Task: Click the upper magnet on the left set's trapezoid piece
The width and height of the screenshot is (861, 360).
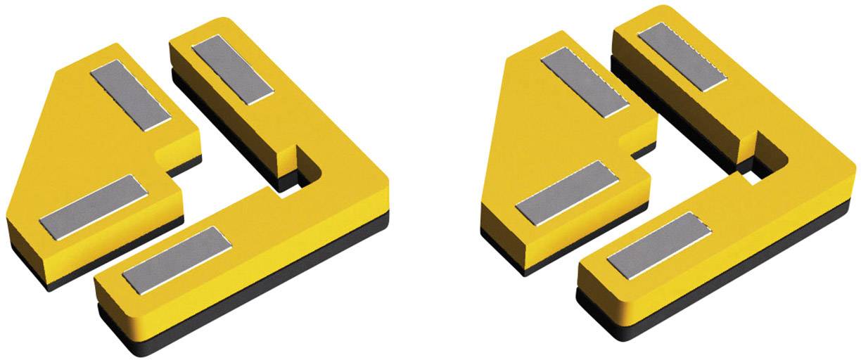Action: pyautogui.click(x=131, y=96)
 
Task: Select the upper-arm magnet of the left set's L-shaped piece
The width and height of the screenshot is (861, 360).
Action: pyautogui.click(x=231, y=70)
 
